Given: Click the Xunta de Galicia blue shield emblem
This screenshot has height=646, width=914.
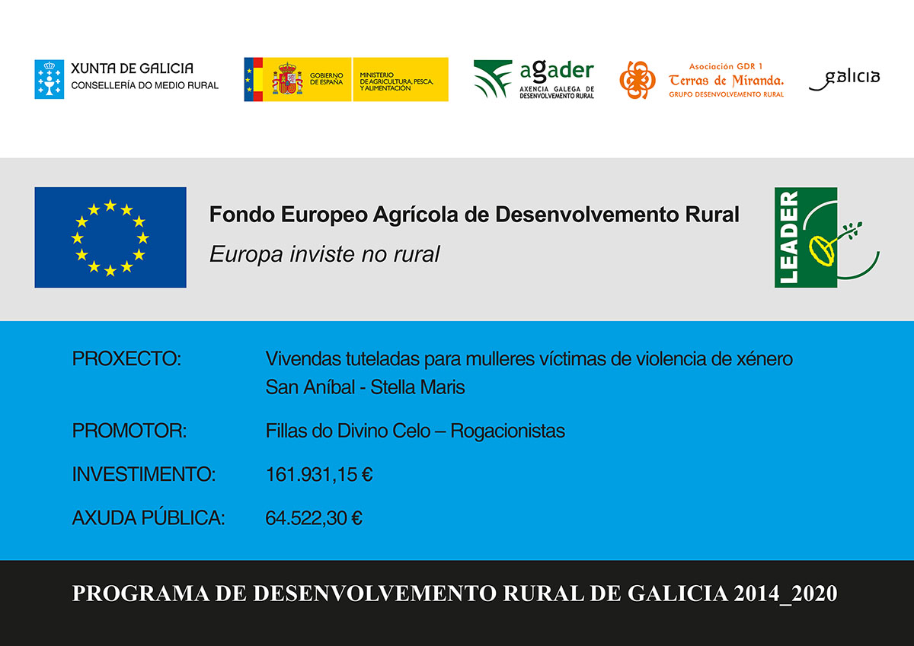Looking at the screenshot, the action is tap(49, 79).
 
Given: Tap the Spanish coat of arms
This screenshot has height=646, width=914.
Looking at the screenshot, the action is tap(287, 78).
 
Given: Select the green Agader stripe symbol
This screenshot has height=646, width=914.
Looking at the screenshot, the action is tap(493, 79).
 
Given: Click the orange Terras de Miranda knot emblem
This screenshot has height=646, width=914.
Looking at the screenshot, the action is tap(638, 80).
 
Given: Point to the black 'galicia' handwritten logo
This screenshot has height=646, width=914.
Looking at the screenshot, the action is tap(844, 80).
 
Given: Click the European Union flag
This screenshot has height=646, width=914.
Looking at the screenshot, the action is tap(110, 237).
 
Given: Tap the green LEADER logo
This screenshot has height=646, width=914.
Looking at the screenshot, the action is tap(827, 237).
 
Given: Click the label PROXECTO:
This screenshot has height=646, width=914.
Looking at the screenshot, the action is tap(126, 359).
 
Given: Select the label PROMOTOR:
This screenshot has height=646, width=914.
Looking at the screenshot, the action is tap(129, 431).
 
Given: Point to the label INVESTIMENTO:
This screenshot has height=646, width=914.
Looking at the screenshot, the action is tap(144, 474).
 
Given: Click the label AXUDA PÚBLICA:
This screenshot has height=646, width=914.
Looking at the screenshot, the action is tap(149, 517).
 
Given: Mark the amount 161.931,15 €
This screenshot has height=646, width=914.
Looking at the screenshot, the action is tap(319, 475).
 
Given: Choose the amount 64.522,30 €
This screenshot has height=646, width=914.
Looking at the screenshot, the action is tap(314, 518).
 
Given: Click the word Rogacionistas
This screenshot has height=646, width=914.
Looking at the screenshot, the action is tap(507, 431).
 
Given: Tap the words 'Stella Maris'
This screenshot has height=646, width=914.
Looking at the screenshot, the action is tap(417, 387).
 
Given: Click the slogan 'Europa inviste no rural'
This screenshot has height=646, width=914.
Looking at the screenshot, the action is tap(324, 254).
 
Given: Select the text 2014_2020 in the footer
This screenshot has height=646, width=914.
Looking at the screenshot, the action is tap(785, 593).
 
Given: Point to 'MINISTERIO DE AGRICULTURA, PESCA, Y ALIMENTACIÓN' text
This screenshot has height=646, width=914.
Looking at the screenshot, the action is tap(396, 81).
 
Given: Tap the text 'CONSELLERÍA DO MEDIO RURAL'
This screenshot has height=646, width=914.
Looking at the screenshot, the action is tap(145, 85).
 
